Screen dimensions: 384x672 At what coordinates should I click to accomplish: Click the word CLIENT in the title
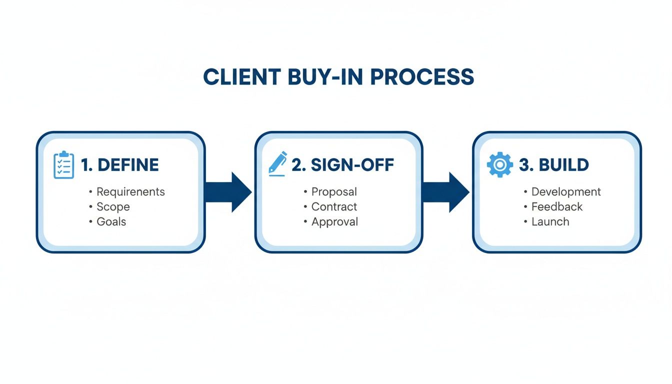point(235,77)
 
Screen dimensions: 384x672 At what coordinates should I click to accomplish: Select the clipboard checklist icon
point(63,165)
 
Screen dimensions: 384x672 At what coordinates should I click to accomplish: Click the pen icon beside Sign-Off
point(278,163)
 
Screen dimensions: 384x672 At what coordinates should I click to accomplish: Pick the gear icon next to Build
point(499,165)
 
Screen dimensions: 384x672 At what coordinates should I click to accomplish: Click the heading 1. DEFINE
point(120,165)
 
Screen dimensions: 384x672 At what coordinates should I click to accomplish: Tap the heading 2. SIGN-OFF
point(342,165)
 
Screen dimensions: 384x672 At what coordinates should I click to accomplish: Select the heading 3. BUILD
point(554,165)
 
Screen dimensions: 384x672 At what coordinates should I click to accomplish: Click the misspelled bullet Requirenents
point(130,192)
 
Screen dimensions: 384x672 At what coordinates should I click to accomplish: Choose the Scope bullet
point(113,207)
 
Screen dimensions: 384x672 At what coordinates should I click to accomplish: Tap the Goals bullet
point(111,222)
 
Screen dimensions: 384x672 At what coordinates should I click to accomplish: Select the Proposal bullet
point(334,192)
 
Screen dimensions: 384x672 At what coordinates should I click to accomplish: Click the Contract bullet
point(334,207)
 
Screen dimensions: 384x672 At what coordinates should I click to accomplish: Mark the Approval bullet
point(334,222)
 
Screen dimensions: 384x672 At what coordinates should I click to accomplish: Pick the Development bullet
point(566,192)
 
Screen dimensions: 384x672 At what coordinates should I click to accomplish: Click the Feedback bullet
point(557,207)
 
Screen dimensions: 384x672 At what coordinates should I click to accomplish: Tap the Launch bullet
point(550,222)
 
